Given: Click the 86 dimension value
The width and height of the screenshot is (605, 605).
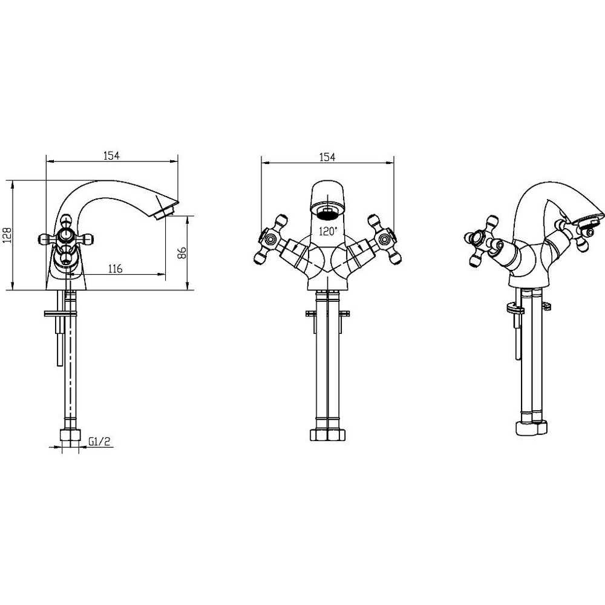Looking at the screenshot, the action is tap(181, 253).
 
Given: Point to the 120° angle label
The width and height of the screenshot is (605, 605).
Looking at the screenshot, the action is tap(327, 232).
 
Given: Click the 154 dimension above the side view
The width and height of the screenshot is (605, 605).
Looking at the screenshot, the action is tap(111, 155).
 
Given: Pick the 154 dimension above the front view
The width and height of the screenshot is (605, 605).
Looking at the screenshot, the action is tap(327, 157).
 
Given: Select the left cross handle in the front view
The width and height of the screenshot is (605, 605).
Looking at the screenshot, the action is tap(270, 239).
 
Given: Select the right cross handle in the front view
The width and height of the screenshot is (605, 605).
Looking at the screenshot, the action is tap(384, 239).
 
